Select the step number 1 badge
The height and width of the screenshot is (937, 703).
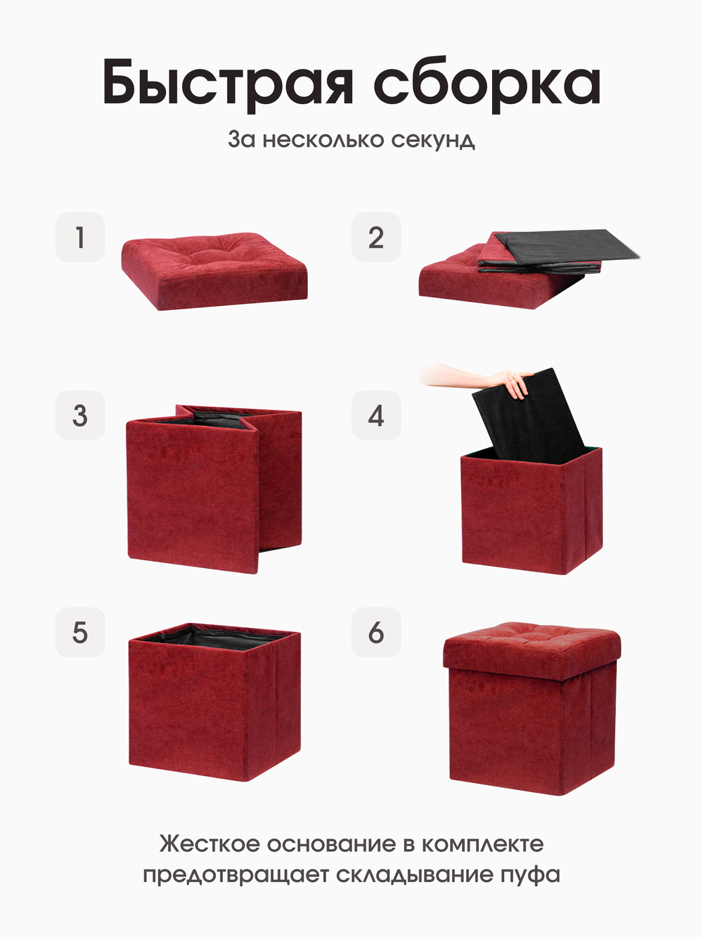(x=80, y=238)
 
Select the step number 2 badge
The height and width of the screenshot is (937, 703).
(x=376, y=238)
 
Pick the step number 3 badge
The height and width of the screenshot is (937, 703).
(x=80, y=415)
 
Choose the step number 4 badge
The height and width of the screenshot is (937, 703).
(x=376, y=415)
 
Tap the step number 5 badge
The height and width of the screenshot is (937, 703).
(x=80, y=632)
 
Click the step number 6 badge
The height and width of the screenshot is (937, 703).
(x=376, y=632)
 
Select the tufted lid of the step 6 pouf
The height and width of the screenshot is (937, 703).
(x=532, y=651)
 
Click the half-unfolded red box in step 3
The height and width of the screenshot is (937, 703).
(x=214, y=489)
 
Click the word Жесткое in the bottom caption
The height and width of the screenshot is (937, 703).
(x=209, y=844)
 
